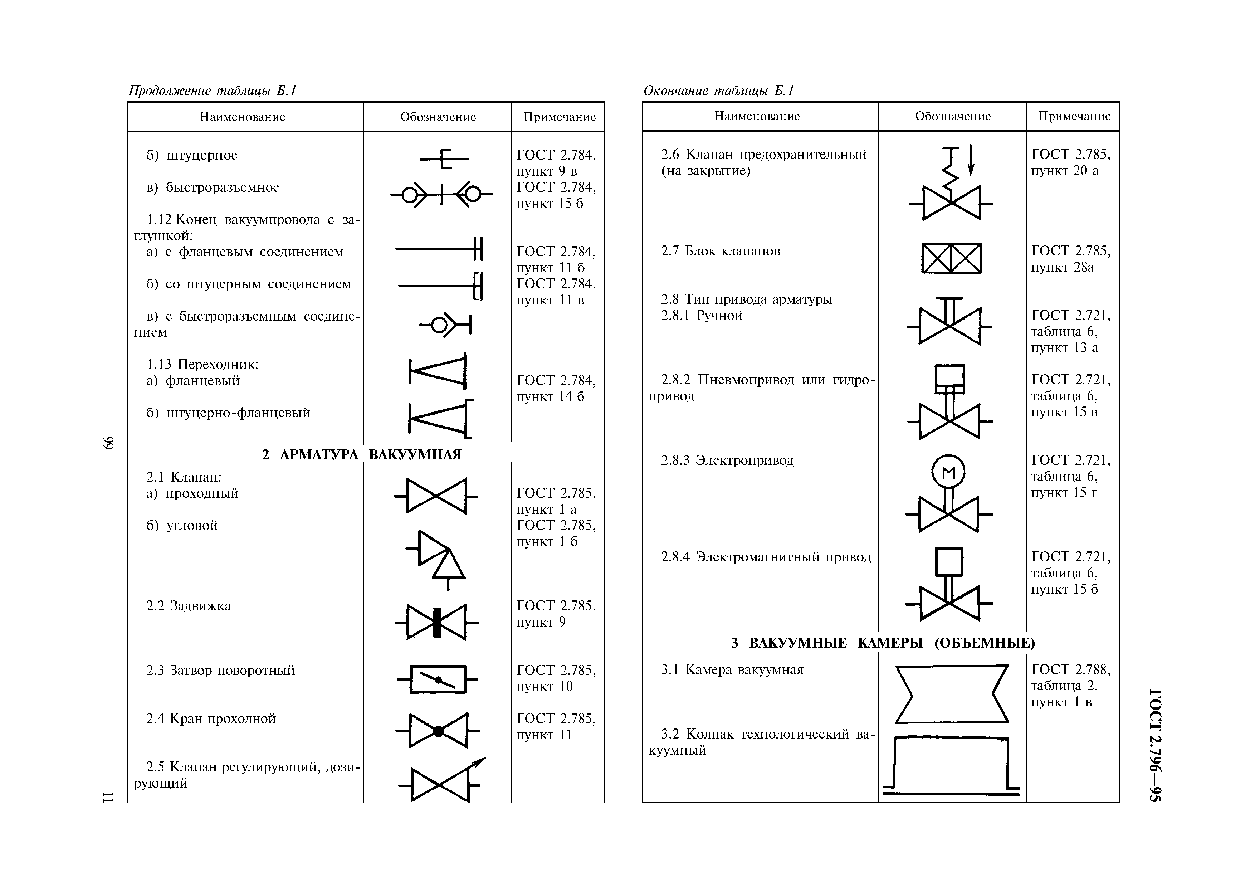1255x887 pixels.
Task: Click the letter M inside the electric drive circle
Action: pos(948,472)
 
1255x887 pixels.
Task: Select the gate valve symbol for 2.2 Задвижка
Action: pos(436,622)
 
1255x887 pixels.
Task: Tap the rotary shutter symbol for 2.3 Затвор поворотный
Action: pos(437,679)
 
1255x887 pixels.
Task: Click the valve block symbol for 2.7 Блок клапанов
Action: pos(951,258)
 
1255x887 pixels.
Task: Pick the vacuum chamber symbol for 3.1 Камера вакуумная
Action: pos(951,693)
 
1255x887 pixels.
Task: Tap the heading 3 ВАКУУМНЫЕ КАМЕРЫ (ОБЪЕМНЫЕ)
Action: pos(883,643)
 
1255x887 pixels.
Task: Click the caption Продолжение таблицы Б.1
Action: pos(212,90)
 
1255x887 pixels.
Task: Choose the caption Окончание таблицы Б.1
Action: pos(718,90)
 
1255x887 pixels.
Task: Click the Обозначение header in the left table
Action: pos(438,117)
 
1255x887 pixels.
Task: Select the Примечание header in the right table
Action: pos(1074,116)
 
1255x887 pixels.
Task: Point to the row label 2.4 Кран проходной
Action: pos(211,719)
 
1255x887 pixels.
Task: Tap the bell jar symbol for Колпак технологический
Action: pos(951,765)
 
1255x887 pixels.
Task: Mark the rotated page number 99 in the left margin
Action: pos(108,442)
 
